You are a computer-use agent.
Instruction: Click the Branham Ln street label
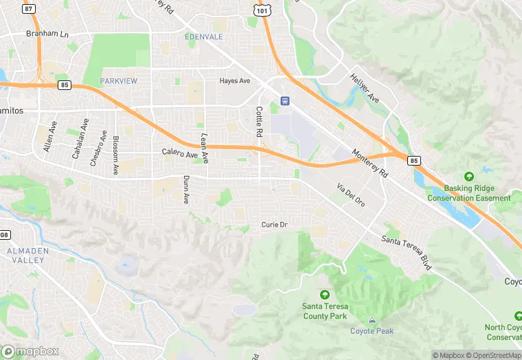tap(47, 33)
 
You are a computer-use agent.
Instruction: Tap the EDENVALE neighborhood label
tap(204, 36)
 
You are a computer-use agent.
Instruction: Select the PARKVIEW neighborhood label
tap(119, 81)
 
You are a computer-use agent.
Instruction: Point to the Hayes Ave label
tap(234, 81)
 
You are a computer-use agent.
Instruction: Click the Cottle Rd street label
tap(259, 121)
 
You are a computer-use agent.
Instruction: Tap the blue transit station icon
tap(284, 101)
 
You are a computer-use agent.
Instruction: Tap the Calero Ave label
tap(179, 152)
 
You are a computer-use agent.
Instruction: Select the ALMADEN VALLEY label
tap(29, 256)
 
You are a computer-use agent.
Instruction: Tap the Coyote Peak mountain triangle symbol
tap(372, 319)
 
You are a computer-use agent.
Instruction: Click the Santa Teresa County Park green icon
tap(325, 295)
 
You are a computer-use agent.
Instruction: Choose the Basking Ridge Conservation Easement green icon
tap(469, 177)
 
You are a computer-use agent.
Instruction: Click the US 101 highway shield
tap(261, 10)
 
